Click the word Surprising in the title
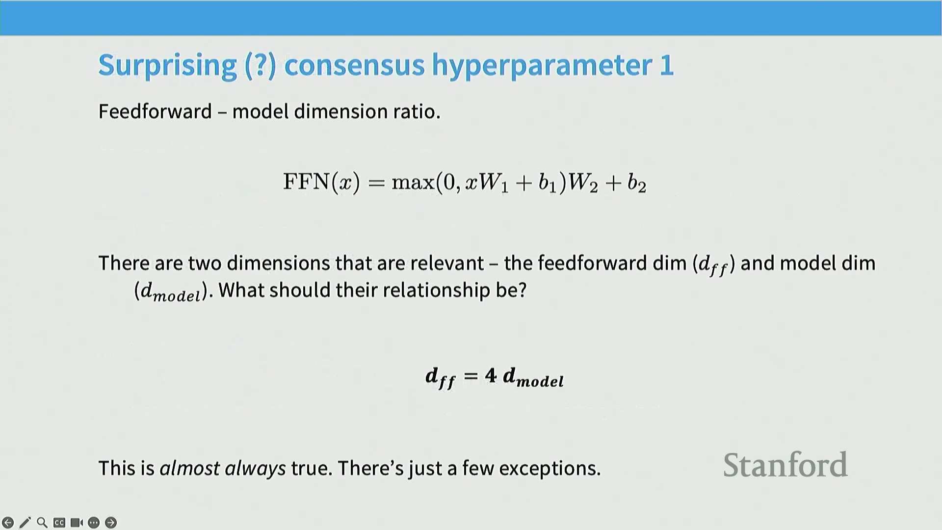[167, 66]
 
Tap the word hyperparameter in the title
[541, 66]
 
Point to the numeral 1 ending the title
[667, 65]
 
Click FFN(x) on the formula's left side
[322, 182]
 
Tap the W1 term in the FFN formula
[493, 183]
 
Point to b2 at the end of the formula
[637, 183]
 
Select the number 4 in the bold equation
[491, 375]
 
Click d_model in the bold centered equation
[533, 377]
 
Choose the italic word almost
[190, 468]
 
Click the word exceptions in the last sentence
[549, 469]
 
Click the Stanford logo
[785, 465]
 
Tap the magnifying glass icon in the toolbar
[42, 523]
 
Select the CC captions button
[59, 523]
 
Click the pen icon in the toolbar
[25, 523]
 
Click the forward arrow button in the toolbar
[111, 523]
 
